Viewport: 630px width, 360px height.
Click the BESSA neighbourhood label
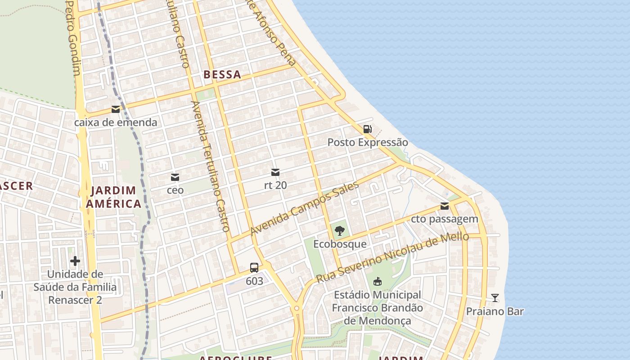222,75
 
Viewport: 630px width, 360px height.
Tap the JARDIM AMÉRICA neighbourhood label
113,197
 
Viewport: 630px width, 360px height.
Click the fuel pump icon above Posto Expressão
368,129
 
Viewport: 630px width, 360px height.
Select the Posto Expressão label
368,143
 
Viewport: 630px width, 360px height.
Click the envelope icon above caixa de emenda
116,109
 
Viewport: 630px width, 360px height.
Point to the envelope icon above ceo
175,177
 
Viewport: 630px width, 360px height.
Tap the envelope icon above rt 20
275,172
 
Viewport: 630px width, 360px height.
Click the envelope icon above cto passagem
445,206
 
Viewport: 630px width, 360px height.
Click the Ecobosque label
340,244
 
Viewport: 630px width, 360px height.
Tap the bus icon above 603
254,268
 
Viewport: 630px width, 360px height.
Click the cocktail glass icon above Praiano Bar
495,298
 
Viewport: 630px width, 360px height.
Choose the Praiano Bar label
495,311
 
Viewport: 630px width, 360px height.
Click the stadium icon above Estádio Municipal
377,282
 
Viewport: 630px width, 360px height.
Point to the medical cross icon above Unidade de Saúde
75,261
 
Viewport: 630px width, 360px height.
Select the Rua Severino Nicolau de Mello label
392,258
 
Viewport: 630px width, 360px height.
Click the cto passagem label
445,219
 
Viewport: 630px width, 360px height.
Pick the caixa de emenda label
116,122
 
